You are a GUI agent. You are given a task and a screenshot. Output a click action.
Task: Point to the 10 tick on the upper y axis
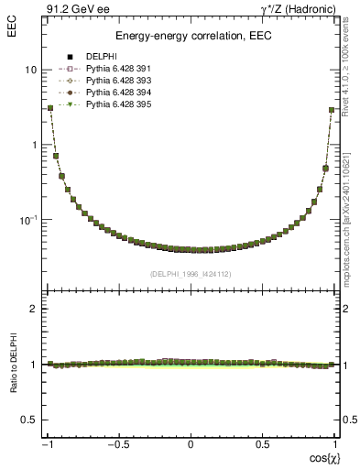click(x=31, y=71)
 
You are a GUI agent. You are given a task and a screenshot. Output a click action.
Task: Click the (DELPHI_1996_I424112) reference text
click(x=191, y=274)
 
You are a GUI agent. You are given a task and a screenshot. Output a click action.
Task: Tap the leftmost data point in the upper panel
click(x=50, y=108)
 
